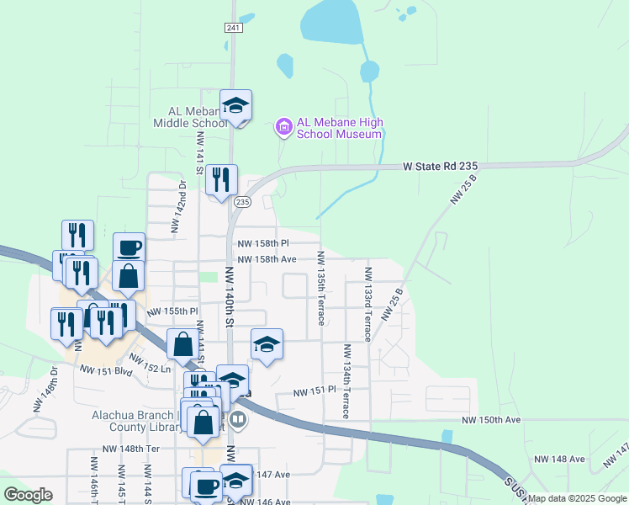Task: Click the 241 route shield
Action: (234, 28)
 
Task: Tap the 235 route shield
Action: (242, 202)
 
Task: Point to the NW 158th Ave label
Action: (266, 259)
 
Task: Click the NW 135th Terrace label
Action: (320, 287)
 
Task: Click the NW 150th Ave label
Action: (491, 419)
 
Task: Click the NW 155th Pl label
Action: (172, 311)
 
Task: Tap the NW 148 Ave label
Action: (559, 459)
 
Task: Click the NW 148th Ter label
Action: (130, 449)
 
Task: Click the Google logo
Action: (27, 495)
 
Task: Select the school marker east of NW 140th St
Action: (267, 345)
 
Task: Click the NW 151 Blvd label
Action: (106, 369)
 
